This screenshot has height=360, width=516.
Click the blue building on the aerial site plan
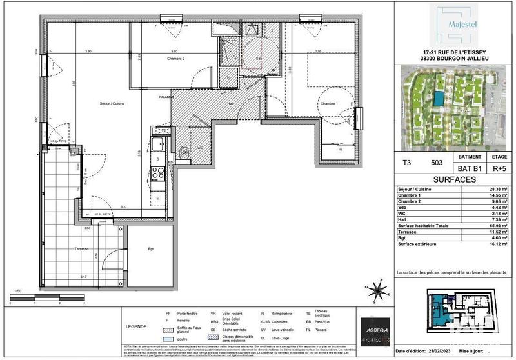tap(439, 98)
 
